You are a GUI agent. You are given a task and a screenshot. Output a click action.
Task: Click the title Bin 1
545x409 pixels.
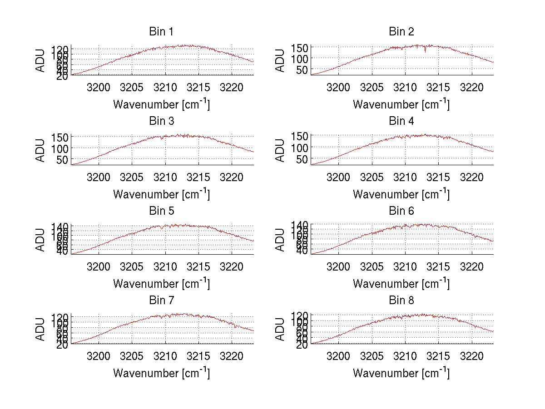pyautogui.click(x=161, y=32)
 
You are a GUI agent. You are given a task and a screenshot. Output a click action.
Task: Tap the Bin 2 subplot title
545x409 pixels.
pyautogui.click(x=401, y=32)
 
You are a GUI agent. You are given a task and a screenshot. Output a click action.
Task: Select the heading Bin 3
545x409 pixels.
pyautogui.click(x=161, y=121)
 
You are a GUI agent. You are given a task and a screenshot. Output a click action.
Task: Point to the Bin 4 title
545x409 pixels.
pyautogui.click(x=401, y=121)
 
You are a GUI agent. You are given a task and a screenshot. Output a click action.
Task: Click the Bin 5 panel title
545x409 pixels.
pyautogui.click(x=161, y=211)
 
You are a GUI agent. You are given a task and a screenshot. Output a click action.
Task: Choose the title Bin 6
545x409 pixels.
pyautogui.click(x=401, y=211)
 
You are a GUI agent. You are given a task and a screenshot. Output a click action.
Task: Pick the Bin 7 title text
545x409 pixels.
pyautogui.click(x=161, y=301)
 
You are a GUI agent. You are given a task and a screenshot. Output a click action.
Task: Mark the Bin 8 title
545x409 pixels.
pyautogui.click(x=401, y=301)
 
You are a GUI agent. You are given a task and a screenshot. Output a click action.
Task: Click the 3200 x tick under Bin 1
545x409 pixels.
pyautogui.click(x=98, y=87)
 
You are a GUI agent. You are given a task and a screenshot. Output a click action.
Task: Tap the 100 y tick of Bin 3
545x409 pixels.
pyautogui.click(x=59, y=148)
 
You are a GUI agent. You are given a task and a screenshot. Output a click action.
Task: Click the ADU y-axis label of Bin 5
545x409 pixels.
pyautogui.click(x=40, y=240)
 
